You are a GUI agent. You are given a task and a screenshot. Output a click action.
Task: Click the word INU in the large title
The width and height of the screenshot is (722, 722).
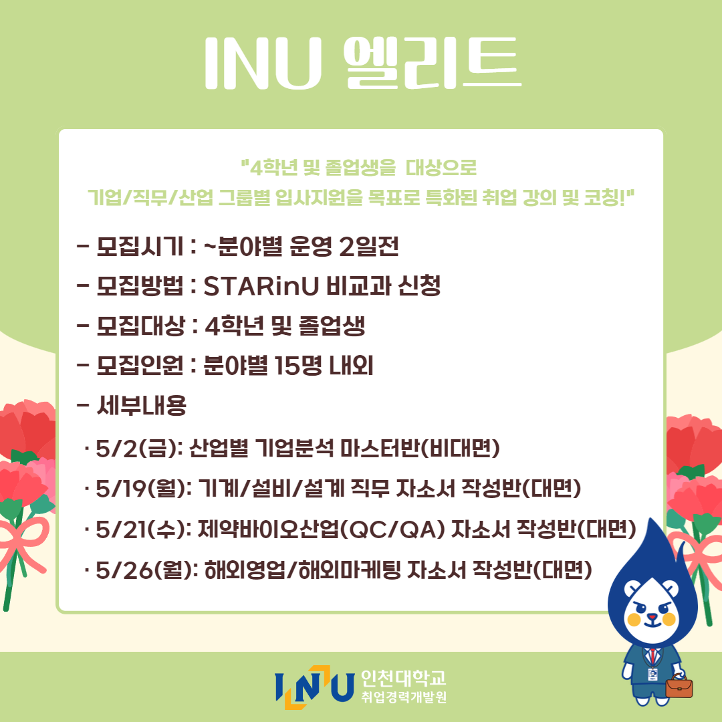pos(263,63)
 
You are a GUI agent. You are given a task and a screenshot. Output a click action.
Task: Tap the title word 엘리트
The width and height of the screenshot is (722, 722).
pos(433,63)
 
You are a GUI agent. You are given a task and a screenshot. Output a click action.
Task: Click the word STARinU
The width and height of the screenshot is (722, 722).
pos(261,286)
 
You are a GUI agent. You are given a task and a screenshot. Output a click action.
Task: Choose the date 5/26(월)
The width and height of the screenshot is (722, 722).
pos(143,570)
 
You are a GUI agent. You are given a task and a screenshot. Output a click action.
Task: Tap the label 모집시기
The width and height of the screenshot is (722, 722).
pos(140,246)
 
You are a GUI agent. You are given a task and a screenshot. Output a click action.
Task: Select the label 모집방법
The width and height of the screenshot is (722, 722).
pos(140,286)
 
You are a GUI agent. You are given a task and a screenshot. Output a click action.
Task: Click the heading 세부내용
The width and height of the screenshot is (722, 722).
pos(141,406)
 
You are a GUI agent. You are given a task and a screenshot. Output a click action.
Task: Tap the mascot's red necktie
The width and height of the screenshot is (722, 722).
pos(653,656)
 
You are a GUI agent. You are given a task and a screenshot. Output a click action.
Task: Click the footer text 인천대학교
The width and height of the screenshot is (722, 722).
pos(403,677)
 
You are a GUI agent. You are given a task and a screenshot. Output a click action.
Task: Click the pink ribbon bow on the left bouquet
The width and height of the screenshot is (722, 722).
pos(23,544)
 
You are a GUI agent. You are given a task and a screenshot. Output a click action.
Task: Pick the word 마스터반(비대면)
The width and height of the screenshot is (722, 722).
pos(420,448)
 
